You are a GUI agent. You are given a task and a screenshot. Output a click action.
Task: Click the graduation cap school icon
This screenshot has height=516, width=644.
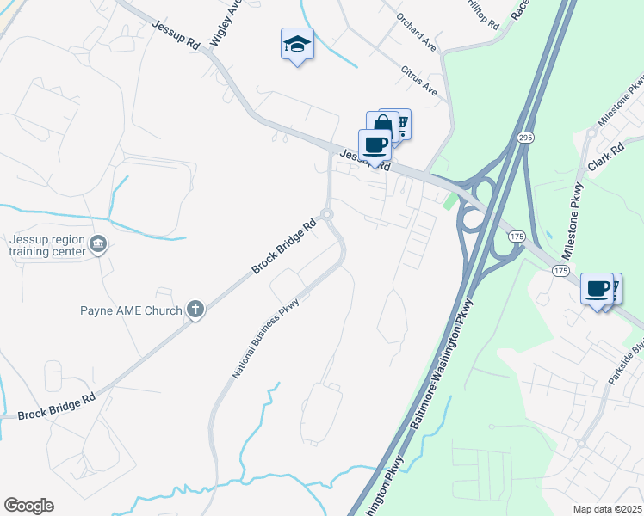coord(297,44)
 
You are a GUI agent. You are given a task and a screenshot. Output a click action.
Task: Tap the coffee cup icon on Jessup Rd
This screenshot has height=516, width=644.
coord(375,144)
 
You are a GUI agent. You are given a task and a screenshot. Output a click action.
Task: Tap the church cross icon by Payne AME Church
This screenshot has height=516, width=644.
coord(195,310)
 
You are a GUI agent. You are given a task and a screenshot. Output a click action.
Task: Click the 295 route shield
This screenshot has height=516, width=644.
coord(524,138)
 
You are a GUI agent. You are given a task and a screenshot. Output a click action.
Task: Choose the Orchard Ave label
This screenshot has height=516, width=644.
coord(418,30)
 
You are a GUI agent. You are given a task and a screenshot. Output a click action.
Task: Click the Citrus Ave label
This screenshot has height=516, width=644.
coord(420,80)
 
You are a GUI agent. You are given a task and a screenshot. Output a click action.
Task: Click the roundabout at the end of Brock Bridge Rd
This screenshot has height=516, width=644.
coord(326,214)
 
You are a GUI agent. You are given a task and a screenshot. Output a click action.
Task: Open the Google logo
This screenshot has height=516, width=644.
coord(28,506)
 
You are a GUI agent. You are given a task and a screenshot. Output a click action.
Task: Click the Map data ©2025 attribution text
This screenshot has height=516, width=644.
coord(607,509)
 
